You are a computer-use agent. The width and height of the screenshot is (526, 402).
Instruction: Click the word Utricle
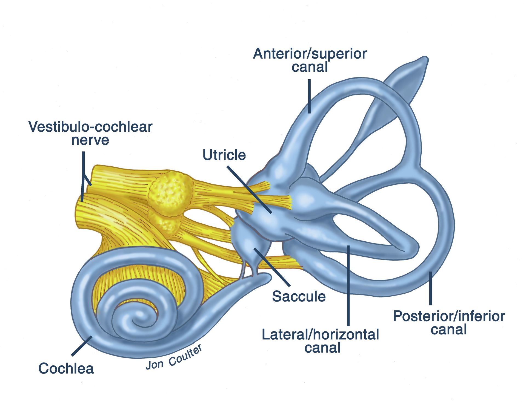tap(224, 155)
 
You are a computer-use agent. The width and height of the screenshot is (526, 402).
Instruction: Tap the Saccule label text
tap(299, 296)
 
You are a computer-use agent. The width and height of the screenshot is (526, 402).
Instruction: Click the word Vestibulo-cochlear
tap(90, 126)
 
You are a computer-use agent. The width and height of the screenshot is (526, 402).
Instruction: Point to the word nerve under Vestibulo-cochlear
tap(90, 140)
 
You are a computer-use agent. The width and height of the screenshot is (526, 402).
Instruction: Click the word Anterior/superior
tap(310, 54)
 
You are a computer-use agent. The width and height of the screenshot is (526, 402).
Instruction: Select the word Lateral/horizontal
tap(320, 334)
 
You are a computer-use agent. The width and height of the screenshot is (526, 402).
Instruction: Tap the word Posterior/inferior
tap(449, 316)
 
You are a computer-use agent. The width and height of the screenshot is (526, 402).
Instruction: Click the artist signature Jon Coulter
tap(174, 357)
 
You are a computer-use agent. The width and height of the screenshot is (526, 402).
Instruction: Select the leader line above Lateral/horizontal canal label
tap(348, 286)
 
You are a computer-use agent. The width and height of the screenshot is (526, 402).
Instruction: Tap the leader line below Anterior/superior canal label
tap(309, 96)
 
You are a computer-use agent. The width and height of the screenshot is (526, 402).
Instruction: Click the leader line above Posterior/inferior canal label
tap(430, 288)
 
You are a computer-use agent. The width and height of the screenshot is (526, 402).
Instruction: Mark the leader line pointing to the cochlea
tap(82, 346)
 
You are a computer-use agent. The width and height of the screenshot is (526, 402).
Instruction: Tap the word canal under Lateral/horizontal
tap(322, 348)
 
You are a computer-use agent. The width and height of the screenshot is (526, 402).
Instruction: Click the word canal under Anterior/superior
tap(310, 67)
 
